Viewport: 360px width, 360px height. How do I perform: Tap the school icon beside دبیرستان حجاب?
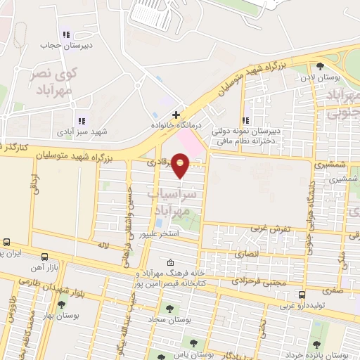click(67, 34)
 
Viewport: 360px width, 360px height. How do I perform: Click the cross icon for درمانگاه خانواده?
click(176, 114)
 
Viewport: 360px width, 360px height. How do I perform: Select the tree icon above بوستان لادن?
click(321, 67)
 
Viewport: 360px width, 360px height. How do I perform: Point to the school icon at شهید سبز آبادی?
click(82, 121)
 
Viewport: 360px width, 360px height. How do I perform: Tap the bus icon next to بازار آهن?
click(45, 257)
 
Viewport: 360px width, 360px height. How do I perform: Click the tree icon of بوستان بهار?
click(62, 304)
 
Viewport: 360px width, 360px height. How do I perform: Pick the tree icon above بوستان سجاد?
click(168, 307)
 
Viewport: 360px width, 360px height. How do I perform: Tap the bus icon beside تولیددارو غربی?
click(302, 295)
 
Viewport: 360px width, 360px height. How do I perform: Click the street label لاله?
click(105, 245)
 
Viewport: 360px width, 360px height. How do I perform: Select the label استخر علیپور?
click(162, 232)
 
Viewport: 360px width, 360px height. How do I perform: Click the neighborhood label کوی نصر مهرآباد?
click(49, 81)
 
